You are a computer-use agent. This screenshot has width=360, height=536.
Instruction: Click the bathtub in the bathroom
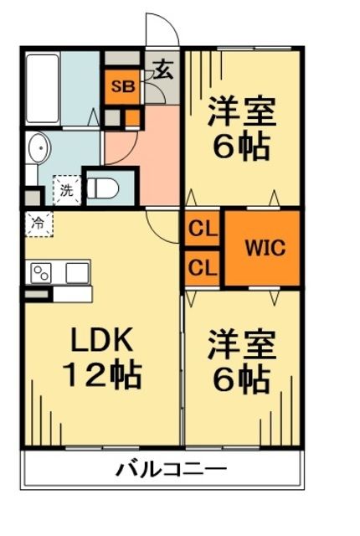pos(41,89)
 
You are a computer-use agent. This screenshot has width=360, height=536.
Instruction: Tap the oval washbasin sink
pos(38,151)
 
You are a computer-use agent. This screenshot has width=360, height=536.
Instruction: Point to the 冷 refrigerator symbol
pos(38,223)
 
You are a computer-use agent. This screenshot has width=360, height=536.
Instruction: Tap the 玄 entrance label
pos(163,70)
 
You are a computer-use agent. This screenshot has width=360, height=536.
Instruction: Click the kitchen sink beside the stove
pos(77,272)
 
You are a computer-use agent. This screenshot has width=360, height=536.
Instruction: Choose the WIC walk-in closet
pos(265,249)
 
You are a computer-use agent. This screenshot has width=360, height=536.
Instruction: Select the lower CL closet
pos(202,268)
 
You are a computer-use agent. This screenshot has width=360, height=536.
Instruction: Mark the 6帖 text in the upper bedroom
pos(241,147)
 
